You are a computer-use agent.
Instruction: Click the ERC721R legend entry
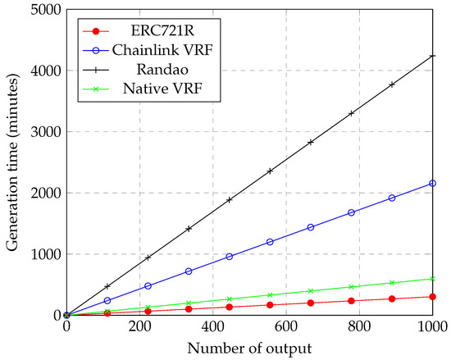164,31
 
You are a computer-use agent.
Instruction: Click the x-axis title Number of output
249,348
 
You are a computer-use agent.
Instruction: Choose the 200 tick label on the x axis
139,327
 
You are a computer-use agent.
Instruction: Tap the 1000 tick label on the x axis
432,327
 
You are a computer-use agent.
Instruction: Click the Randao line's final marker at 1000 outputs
432,56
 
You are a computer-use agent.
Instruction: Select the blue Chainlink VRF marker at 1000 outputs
432,184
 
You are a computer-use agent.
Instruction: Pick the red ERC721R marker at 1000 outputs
432,297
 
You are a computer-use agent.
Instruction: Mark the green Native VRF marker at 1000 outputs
432,279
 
